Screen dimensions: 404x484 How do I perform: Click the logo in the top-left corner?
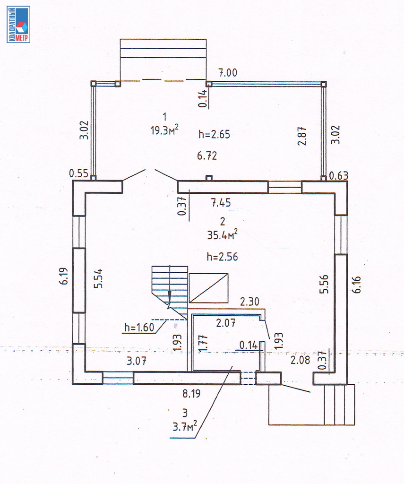coord(18,24)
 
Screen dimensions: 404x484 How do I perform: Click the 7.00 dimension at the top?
coord(228,73)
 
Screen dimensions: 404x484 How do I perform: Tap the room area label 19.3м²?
coord(164,130)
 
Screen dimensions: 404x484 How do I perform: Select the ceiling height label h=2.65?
coord(214,134)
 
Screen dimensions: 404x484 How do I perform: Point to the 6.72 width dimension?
coord(207,156)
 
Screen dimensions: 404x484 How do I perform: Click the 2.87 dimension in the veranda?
coord(302,136)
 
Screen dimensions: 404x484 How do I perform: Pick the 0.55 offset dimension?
coord(79,173)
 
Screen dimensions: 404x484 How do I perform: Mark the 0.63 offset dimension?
coord(339,176)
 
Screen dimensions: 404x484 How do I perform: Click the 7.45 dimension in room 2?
coord(221,203)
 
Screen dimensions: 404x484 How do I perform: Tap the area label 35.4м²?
coord(222,234)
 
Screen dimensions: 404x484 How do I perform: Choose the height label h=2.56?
coord(222,257)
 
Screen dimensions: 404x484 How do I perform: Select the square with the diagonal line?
coord(209,288)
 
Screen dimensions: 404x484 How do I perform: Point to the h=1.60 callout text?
coord(139,327)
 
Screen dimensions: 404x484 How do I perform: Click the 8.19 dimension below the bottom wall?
coord(191,394)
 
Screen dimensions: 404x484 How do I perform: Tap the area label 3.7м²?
coord(185,427)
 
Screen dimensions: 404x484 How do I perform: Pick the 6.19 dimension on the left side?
coord(64,276)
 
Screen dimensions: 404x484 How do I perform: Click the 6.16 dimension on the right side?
coord(356,284)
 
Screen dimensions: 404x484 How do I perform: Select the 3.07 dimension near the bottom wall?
coord(137,361)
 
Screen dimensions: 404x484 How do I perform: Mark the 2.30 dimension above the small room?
coord(249,302)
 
